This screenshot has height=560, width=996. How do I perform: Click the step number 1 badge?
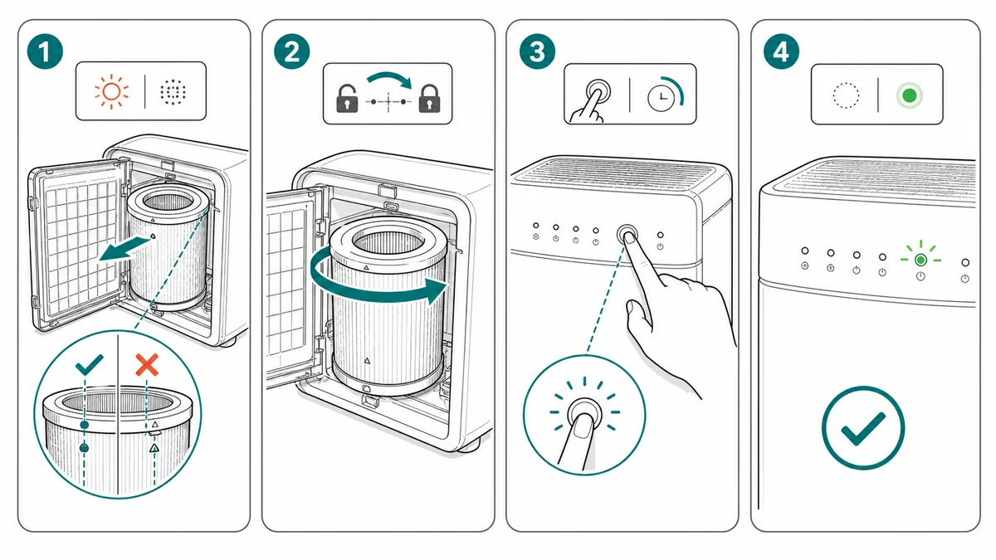pos(45,51)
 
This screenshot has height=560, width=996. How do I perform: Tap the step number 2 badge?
pos(291,51)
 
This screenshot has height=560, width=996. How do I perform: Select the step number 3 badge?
pos(537,51)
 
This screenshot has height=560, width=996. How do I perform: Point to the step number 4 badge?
pos(781,51)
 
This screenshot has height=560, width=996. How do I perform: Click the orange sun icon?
pos(111,91)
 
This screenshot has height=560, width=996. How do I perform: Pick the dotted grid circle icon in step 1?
pos(173,92)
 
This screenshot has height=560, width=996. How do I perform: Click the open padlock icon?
pos(347,98)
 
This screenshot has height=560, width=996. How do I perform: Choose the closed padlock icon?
pos(429,98)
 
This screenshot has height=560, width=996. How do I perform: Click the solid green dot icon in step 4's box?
pos(910,95)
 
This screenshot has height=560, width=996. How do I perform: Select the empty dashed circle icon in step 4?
pos(846,95)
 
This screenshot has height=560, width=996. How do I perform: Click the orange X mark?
pos(147,365)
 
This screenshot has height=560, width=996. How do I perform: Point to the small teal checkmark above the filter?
pos(90,364)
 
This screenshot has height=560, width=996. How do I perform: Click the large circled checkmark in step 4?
pos(863,428)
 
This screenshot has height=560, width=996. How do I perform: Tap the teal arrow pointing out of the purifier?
pos(124,249)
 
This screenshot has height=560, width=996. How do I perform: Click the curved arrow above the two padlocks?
pos(389,79)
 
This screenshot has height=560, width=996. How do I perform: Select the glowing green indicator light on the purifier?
pos(920,260)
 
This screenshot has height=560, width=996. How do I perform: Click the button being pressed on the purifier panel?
pos(627,234)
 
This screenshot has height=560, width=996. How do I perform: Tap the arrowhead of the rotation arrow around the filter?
pos(436,290)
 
